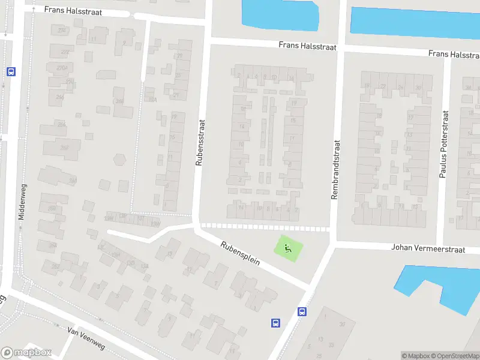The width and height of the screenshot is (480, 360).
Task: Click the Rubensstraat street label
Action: point(200,141)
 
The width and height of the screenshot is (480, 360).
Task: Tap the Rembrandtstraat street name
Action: point(336,170)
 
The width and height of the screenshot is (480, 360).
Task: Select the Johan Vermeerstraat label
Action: point(428,248)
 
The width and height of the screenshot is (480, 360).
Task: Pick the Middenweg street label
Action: point(22,201)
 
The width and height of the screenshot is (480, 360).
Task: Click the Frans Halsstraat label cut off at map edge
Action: point(454,55)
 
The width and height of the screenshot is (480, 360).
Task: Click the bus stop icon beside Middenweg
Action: point(11,71)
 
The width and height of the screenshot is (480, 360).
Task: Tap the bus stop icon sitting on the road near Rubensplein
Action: point(302,311)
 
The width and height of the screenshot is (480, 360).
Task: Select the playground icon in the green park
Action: point(288,247)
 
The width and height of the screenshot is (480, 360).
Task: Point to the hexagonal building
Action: point(120,160)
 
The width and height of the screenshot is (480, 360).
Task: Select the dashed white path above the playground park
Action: point(264,227)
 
